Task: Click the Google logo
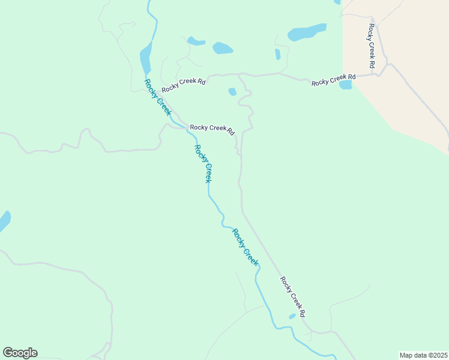point(20,353)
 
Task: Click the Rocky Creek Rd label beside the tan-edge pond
point(333,80)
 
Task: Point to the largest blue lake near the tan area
point(307,32)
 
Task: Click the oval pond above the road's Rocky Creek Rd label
point(222,48)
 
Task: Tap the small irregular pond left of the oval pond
point(196,41)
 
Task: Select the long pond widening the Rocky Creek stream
point(145,58)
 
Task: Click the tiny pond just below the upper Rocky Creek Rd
point(232,92)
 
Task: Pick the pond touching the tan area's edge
point(346,85)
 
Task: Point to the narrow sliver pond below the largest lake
point(277,54)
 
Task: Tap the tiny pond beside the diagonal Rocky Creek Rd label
point(292,316)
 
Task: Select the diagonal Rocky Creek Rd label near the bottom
point(294,296)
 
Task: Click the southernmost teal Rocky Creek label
point(246,247)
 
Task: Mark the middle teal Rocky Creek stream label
point(203,163)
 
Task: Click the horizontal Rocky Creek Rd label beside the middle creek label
point(212,128)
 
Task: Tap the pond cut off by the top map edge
point(337,2)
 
